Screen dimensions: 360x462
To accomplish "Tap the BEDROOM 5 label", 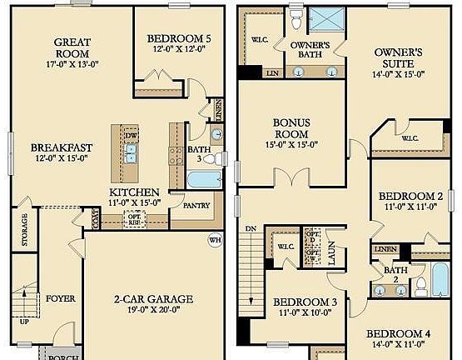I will tap(179, 38).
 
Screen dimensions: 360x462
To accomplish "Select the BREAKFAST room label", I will tap(62, 148).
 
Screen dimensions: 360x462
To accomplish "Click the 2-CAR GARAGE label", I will tap(153, 299).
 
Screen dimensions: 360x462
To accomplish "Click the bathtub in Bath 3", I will tap(202, 180).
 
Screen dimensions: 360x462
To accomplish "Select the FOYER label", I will tap(60, 297).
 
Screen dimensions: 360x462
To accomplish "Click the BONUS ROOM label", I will tap(292, 127).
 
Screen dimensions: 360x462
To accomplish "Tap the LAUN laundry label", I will tap(332, 255).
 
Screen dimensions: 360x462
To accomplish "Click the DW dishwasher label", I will tap(131, 136).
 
